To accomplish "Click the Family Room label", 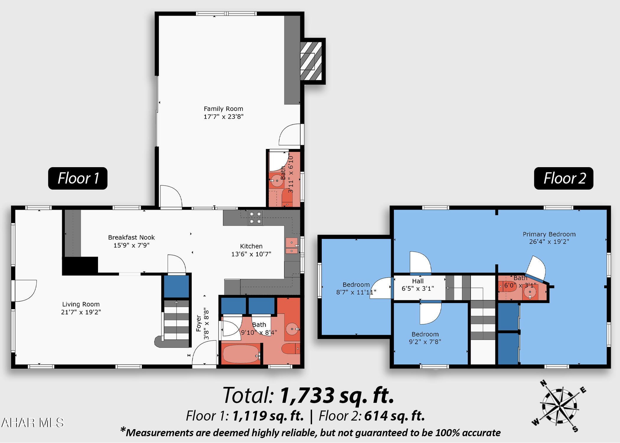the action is click(x=223, y=109).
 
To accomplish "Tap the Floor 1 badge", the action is click(x=78, y=178).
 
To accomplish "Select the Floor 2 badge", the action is click(x=564, y=178).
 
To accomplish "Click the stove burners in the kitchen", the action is click(x=255, y=218).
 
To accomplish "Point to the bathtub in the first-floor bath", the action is click(x=241, y=354).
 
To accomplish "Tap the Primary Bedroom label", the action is click(x=549, y=234).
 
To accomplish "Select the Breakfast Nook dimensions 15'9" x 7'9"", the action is click(x=131, y=245).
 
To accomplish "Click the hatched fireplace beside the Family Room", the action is click(x=311, y=61).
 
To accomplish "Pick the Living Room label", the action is click(x=81, y=304).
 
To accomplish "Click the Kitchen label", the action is click(x=251, y=246).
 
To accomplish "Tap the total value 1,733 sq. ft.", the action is click(x=337, y=395).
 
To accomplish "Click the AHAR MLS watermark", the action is click(x=32, y=423).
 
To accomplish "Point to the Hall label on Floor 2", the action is click(x=418, y=281).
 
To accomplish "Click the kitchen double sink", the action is click(x=292, y=246).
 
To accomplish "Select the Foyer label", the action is click(x=198, y=323).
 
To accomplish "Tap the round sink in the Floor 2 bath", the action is click(x=530, y=292).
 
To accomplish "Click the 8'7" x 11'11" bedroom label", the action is click(x=356, y=289).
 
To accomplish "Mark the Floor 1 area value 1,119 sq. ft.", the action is click(x=268, y=416).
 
